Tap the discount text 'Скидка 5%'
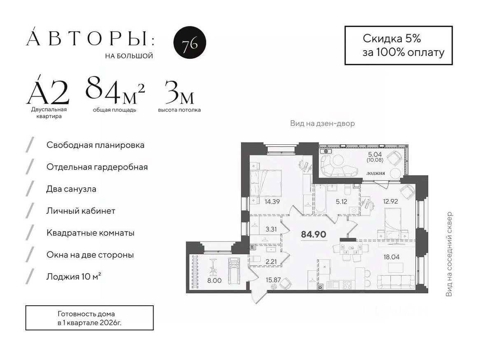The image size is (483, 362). pos(392,39)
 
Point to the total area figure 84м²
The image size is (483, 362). pos(115,91)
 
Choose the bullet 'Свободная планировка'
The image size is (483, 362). pos(95,145)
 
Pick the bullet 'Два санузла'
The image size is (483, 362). pos(71,189)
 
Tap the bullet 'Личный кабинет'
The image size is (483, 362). pos(81,211)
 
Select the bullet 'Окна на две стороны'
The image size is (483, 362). pos(90,255)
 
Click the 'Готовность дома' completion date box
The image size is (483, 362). pos(89,318)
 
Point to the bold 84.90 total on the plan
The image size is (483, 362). pos(314,234)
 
